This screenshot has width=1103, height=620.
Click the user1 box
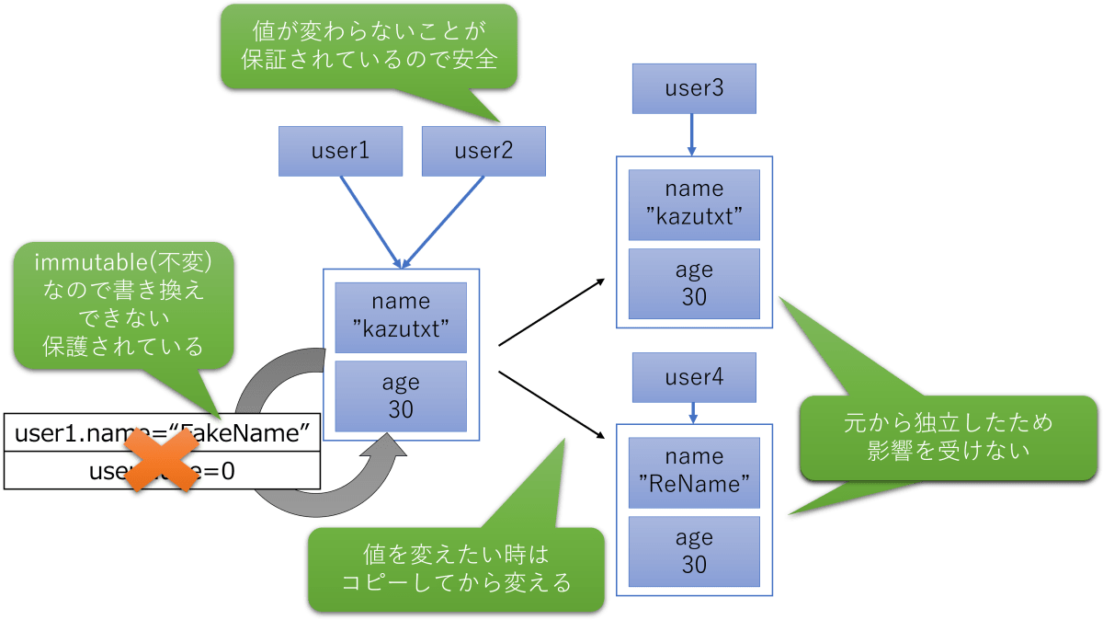340,151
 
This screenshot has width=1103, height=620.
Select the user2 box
483,151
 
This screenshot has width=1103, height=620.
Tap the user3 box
694,89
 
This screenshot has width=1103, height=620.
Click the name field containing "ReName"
694,471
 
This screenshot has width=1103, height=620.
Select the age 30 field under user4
694,550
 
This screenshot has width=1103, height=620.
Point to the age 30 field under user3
694,282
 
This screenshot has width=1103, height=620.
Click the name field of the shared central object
401,316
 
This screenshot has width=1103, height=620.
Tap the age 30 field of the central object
401,396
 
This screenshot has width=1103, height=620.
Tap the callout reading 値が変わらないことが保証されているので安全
369,47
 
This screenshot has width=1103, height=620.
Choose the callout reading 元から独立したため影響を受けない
948,437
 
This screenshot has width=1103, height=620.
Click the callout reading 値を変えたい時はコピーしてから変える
456,568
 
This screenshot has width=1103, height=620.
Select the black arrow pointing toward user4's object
551,402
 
